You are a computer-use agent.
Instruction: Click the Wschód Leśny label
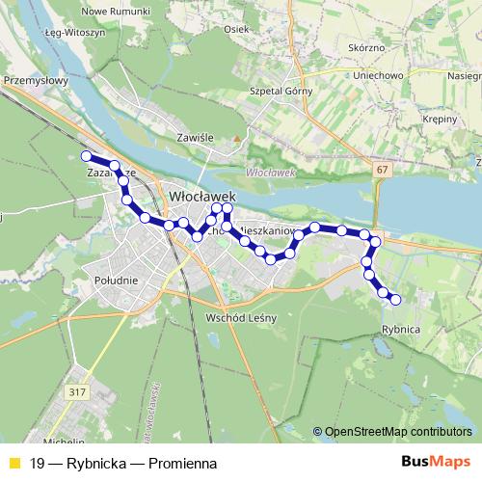[x=242, y=318]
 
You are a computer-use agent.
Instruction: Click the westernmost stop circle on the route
[x=86, y=156]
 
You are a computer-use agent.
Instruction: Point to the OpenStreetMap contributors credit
[x=397, y=433]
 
